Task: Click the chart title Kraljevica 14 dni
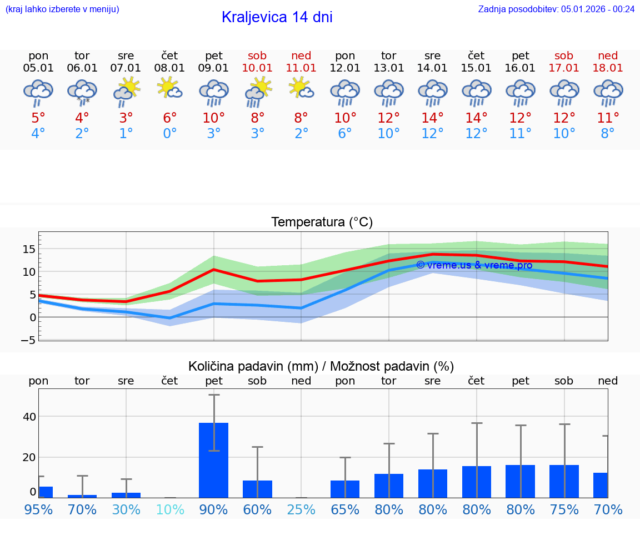[x=277, y=17]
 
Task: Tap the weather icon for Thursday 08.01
[x=170, y=88]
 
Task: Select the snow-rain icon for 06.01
[x=82, y=92]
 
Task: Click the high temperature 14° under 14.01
[x=432, y=118]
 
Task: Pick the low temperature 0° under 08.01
[x=170, y=134]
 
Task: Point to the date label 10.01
[x=257, y=68]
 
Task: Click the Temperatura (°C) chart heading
[x=322, y=223]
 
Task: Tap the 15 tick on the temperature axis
[x=29, y=249]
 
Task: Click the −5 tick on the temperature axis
[x=28, y=340]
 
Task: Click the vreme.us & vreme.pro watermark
[x=474, y=265]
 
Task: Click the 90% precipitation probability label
[x=213, y=509]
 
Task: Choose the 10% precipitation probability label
[x=170, y=509]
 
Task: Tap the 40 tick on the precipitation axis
[x=29, y=417]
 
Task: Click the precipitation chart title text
[x=321, y=366]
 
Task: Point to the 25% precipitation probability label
[x=301, y=509]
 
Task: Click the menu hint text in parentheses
[x=62, y=9]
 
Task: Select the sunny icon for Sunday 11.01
[x=301, y=88]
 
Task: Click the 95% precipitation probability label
[x=38, y=509]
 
